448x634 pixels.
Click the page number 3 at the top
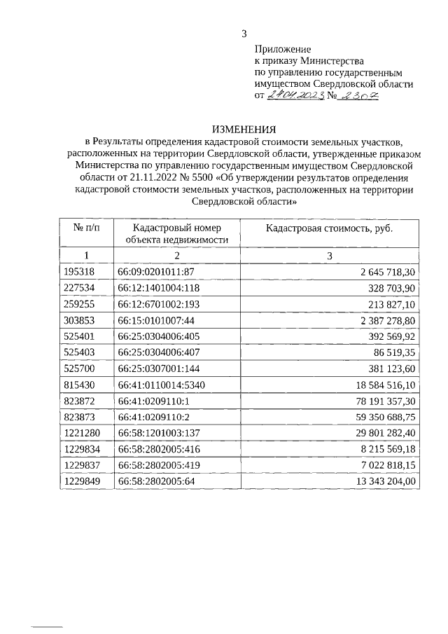(x=244, y=33)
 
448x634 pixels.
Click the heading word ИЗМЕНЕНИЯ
(x=244, y=129)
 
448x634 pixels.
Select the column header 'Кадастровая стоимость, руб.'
(x=328, y=228)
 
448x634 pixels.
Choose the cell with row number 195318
(x=78, y=271)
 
